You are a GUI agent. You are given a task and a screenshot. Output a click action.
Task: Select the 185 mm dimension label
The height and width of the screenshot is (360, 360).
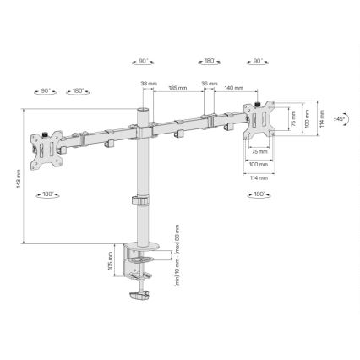click(177, 88)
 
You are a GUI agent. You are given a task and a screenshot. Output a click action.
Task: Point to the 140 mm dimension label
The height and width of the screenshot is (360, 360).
click(234, 88)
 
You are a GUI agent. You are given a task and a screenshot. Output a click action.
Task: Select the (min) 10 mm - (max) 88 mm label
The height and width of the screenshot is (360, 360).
click(177, 256)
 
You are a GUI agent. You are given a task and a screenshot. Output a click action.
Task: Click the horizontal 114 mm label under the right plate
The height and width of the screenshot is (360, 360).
click(259, 177)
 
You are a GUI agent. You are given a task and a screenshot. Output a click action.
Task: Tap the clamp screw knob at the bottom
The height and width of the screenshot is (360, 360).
click(141, 297)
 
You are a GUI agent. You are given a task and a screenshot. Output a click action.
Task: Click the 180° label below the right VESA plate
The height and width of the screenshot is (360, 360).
click(259, 195)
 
